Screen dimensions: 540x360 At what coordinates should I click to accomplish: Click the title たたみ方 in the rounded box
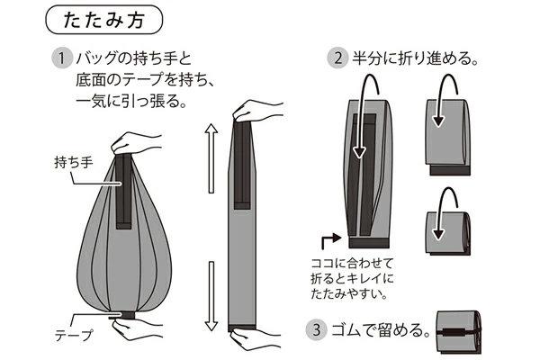[x=103, y=21]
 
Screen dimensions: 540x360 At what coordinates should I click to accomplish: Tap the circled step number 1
[x=61, y=58]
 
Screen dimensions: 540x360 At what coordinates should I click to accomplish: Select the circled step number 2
[x=337, y=58]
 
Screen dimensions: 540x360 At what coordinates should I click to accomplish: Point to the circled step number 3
[x=316, y=329]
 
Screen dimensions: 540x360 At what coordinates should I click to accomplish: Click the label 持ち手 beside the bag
[x=74, y=162]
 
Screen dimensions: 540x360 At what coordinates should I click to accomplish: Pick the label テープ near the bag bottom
[x=74, y=335]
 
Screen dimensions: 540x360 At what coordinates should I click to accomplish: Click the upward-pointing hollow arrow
[x=211, y=158]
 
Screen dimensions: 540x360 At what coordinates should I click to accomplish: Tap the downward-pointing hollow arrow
[x=211, y=296]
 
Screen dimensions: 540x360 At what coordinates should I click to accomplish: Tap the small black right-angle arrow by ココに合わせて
[x=330, y=241]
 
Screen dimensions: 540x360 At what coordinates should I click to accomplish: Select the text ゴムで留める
[x=377, y=330]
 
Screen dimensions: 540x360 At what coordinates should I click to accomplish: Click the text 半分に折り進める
[x=411, y=58]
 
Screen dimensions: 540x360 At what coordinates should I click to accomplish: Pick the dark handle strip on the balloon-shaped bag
[x=123, y=191]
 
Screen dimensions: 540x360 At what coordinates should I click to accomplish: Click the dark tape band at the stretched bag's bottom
[x=242, y=327]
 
